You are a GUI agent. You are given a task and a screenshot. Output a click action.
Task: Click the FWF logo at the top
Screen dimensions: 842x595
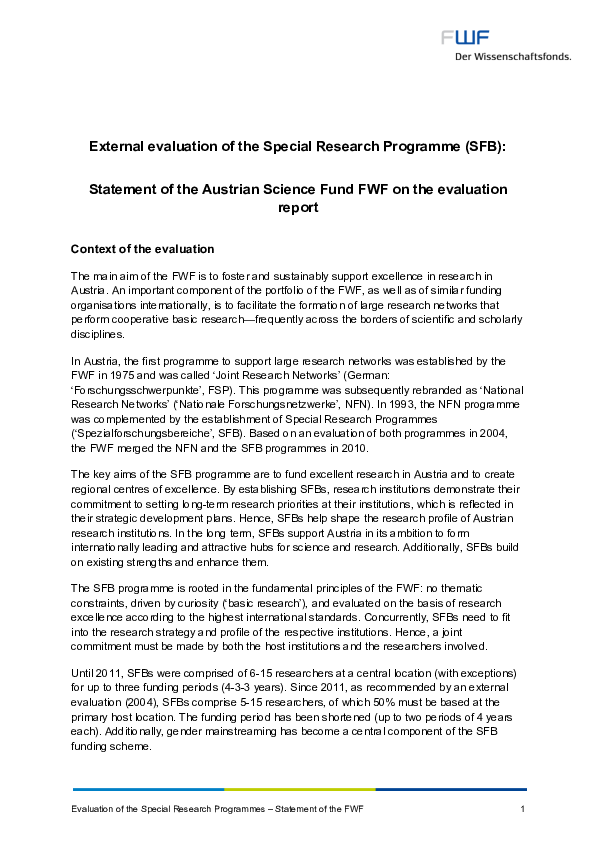pos(466,38)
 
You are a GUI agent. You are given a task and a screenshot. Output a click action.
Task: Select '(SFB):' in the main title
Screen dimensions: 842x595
pos(485,146)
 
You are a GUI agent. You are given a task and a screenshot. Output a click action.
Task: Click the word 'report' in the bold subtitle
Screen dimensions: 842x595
pos(297,209)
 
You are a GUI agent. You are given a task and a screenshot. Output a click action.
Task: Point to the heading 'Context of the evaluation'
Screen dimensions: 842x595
pos(142,248)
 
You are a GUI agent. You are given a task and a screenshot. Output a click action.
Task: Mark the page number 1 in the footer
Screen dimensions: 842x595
pos(523,807)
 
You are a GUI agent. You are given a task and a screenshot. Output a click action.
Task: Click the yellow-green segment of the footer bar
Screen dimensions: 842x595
pos(299,789)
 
